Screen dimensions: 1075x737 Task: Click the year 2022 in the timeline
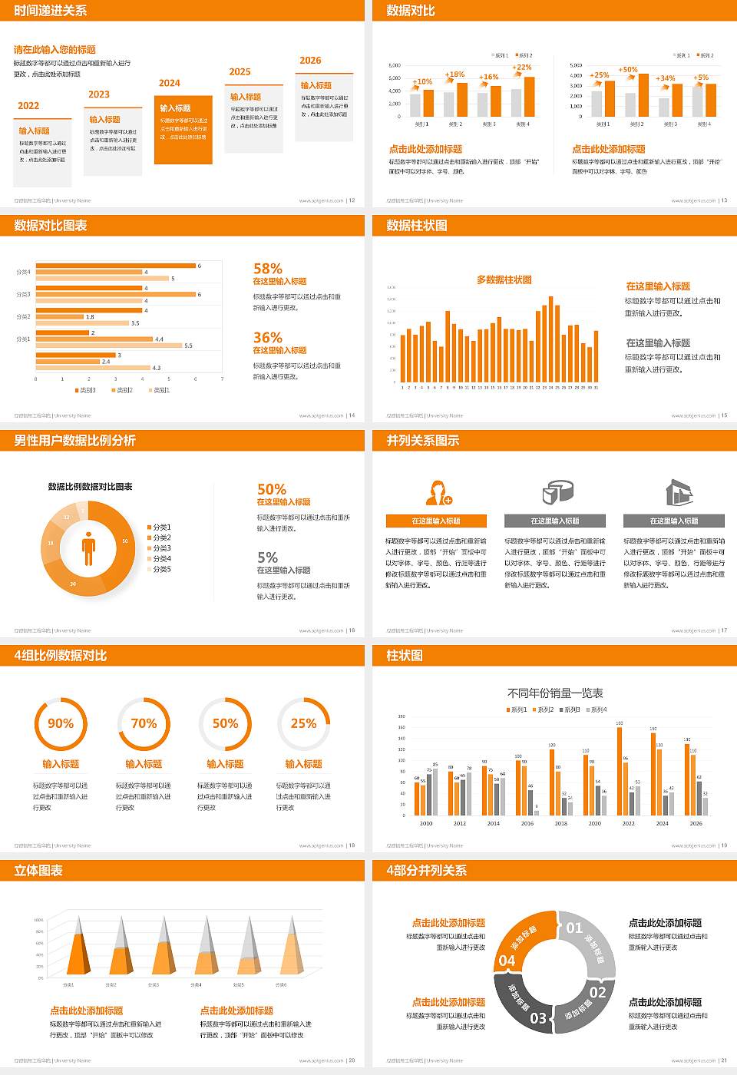click(x=28, y=106)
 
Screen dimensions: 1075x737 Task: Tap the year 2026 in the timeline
click(x=310, y=61)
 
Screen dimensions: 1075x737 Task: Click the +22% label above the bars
click(x=522, y=68)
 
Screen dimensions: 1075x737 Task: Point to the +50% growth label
click(x=628, y=70)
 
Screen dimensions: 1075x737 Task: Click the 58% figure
click(x=268, y=269)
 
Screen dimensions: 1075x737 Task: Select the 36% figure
click(x=268, y=338)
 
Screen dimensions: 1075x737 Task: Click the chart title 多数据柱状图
click(x=504, y=280)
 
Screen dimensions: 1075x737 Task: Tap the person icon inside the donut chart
click(x=88, y=548)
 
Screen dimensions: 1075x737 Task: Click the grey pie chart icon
click(x=558, y=491)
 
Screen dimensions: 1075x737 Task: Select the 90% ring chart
click(x=61, y=723)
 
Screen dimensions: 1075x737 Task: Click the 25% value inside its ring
click(x=303, y=723)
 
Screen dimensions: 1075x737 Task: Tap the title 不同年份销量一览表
click(x=555, y=693)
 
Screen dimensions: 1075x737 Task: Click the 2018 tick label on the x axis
click(x=561, y=823)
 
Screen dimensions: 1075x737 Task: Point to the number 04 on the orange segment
click(x=507, y=961)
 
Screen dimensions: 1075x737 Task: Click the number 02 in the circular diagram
click(x=597, y=992)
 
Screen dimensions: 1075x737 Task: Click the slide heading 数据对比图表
click(x=51, y=226)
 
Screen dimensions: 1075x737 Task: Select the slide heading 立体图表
click(x=38, y=871)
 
